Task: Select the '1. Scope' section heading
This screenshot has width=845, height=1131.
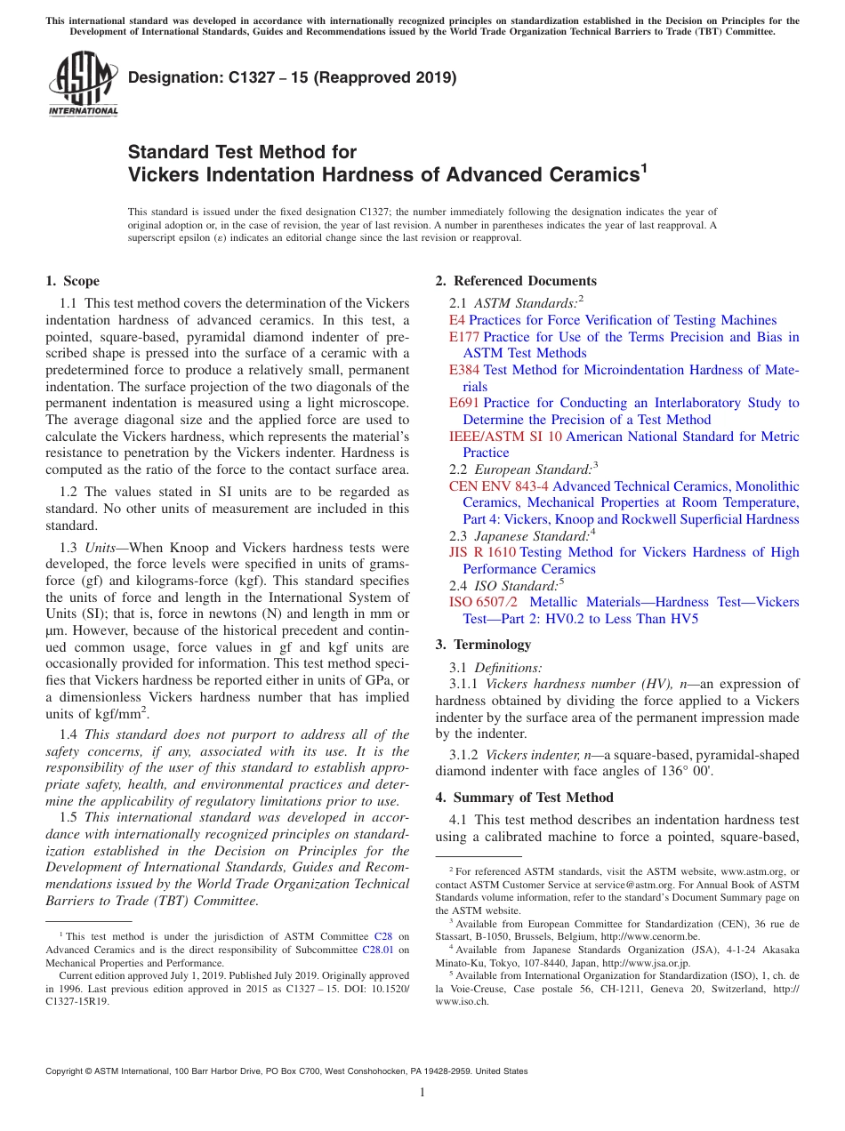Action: [73, 282]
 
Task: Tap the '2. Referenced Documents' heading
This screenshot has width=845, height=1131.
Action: [516, 282]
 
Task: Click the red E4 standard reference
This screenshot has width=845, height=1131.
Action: [456, 320]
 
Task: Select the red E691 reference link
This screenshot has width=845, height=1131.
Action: [464, 403]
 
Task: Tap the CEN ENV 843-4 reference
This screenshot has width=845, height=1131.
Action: [499, 486]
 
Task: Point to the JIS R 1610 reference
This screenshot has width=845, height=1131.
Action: [482, 552]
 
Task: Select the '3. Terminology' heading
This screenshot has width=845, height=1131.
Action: [483, 645]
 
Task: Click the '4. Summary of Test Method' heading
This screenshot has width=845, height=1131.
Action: [524, 798]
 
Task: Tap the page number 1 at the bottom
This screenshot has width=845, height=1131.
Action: [422, 1093]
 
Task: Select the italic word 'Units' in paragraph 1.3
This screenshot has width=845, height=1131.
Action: [102, 549]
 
